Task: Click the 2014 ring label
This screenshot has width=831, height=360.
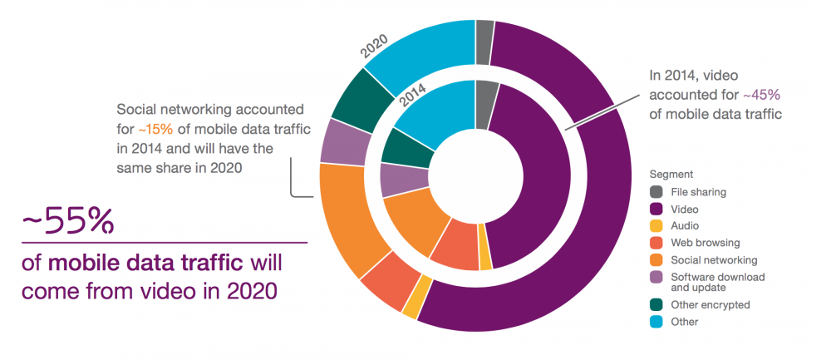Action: click(414, 98)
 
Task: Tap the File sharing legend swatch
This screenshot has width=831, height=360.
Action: click(656, 192)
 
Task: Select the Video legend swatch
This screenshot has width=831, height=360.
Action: click(656, 209)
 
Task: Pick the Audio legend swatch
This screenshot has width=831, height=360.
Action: click(656, 225)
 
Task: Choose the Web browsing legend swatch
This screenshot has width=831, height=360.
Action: click(656, 242)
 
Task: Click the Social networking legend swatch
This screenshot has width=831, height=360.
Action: click(656, 259)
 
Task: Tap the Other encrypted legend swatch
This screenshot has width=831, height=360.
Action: click(656, 304)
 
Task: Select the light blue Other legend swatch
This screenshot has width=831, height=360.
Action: click(656, 321)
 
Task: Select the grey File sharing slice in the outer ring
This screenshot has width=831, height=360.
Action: click(484, 30)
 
